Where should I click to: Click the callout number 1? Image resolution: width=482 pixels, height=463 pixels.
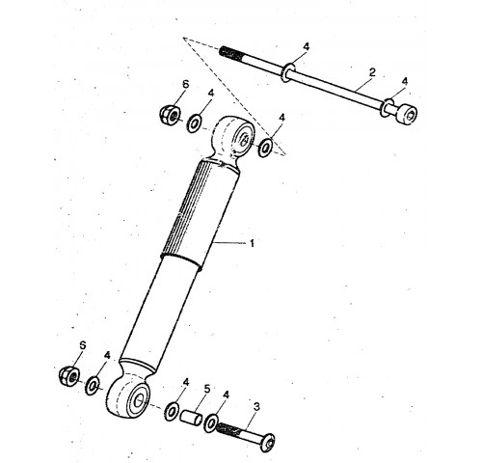252,243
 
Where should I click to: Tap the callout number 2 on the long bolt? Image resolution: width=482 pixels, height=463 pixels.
372,72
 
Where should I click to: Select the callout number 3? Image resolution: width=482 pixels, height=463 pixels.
256,407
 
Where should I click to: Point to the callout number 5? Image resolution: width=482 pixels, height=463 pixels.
207,389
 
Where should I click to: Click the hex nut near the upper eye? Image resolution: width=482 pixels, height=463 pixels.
170,114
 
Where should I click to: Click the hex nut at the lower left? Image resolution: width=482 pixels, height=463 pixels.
69,376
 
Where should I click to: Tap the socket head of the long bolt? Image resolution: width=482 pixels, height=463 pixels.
407,114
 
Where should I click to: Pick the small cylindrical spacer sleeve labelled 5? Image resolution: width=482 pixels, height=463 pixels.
191,418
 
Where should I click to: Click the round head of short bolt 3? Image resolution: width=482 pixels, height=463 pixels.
268,443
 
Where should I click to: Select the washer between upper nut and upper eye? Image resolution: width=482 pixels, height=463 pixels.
194,123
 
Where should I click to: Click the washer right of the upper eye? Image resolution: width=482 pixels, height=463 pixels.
265,148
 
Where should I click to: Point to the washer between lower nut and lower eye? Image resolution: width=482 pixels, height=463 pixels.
93,385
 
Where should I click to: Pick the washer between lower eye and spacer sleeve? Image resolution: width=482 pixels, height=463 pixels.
172,411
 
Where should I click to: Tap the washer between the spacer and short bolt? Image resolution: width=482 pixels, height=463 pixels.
211,423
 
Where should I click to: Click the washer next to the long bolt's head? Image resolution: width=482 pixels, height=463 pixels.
387,108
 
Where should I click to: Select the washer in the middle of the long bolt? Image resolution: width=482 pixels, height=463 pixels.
288,72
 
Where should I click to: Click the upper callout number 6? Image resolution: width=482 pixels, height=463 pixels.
185,85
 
